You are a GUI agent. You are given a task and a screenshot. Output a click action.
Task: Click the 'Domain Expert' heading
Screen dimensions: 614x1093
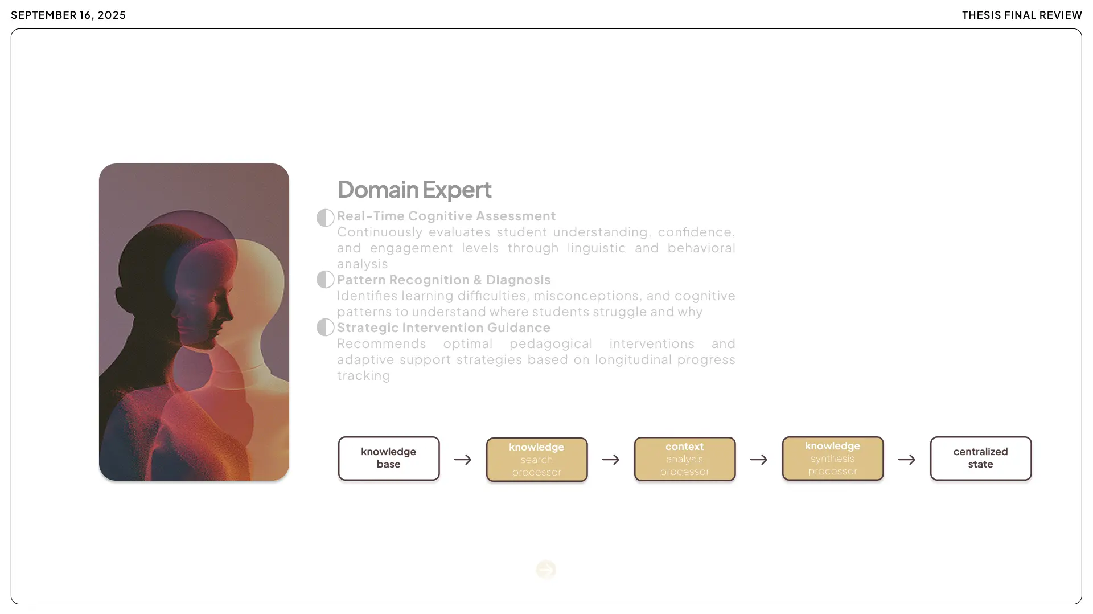coord(414,190)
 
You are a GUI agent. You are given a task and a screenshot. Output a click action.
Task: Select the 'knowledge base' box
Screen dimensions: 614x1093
coord(389,459)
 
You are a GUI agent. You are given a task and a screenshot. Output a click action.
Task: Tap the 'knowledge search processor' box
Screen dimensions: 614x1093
coord(537,460)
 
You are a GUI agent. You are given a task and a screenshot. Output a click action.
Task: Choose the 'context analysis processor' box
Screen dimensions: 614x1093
coord(685,459)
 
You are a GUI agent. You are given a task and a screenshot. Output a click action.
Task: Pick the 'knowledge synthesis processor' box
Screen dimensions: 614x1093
coord(833,459)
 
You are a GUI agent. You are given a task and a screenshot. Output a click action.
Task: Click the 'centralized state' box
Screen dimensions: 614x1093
coord(980,459)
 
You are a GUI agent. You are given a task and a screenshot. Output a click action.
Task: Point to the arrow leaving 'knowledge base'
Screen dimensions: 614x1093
coord(463,460)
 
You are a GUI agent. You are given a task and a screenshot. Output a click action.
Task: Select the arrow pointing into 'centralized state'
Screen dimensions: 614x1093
coord(907,460)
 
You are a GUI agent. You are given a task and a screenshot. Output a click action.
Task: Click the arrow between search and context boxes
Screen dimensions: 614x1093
coord(611,460)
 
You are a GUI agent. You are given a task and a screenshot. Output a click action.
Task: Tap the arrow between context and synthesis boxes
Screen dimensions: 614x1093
coord(759,460)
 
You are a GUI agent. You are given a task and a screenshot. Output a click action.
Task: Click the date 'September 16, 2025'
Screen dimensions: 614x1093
coord(68,15)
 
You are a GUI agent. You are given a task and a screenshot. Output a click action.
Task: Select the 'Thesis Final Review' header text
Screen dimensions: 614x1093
coord(1022,15)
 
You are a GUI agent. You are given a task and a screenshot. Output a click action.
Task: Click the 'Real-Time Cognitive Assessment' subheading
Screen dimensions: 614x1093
coord(446,216)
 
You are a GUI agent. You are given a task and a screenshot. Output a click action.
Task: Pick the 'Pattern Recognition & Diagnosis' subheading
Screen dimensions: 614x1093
coord(444,280)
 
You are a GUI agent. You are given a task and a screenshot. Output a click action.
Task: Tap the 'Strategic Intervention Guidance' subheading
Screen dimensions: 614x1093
coord(443,328)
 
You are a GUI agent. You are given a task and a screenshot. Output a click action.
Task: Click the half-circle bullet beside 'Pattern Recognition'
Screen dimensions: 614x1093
coord(325,280)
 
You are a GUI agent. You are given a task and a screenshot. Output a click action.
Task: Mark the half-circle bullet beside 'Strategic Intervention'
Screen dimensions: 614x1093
coord(325,328)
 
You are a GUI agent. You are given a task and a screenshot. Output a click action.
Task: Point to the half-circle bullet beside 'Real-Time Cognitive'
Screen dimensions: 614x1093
coord(325,218)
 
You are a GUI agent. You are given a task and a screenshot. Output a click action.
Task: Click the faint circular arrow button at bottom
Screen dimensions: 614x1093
coord(546,570)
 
